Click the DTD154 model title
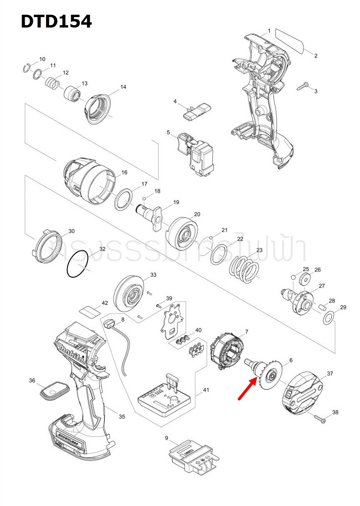point(56,21)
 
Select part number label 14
point(123,87)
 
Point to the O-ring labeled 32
point(78,264)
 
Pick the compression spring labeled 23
point(245,269)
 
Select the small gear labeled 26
point(304,278)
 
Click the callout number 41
point(206,390)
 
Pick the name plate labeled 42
point(89,311)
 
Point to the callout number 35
point(122,417)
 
